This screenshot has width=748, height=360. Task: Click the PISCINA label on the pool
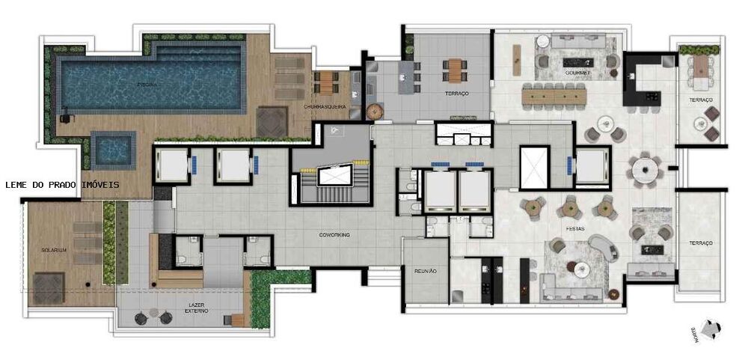147,85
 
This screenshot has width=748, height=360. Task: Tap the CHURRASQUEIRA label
325,107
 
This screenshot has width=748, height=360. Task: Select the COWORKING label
334,234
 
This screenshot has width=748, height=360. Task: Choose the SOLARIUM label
55,250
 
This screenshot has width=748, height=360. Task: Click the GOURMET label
578,73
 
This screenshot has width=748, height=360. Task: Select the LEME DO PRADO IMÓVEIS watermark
61,183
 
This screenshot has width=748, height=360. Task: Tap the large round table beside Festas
645,170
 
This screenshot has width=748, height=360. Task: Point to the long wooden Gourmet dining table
556,95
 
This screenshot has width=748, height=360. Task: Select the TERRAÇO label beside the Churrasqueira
456,93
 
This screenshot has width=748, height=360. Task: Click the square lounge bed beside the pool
272,120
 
